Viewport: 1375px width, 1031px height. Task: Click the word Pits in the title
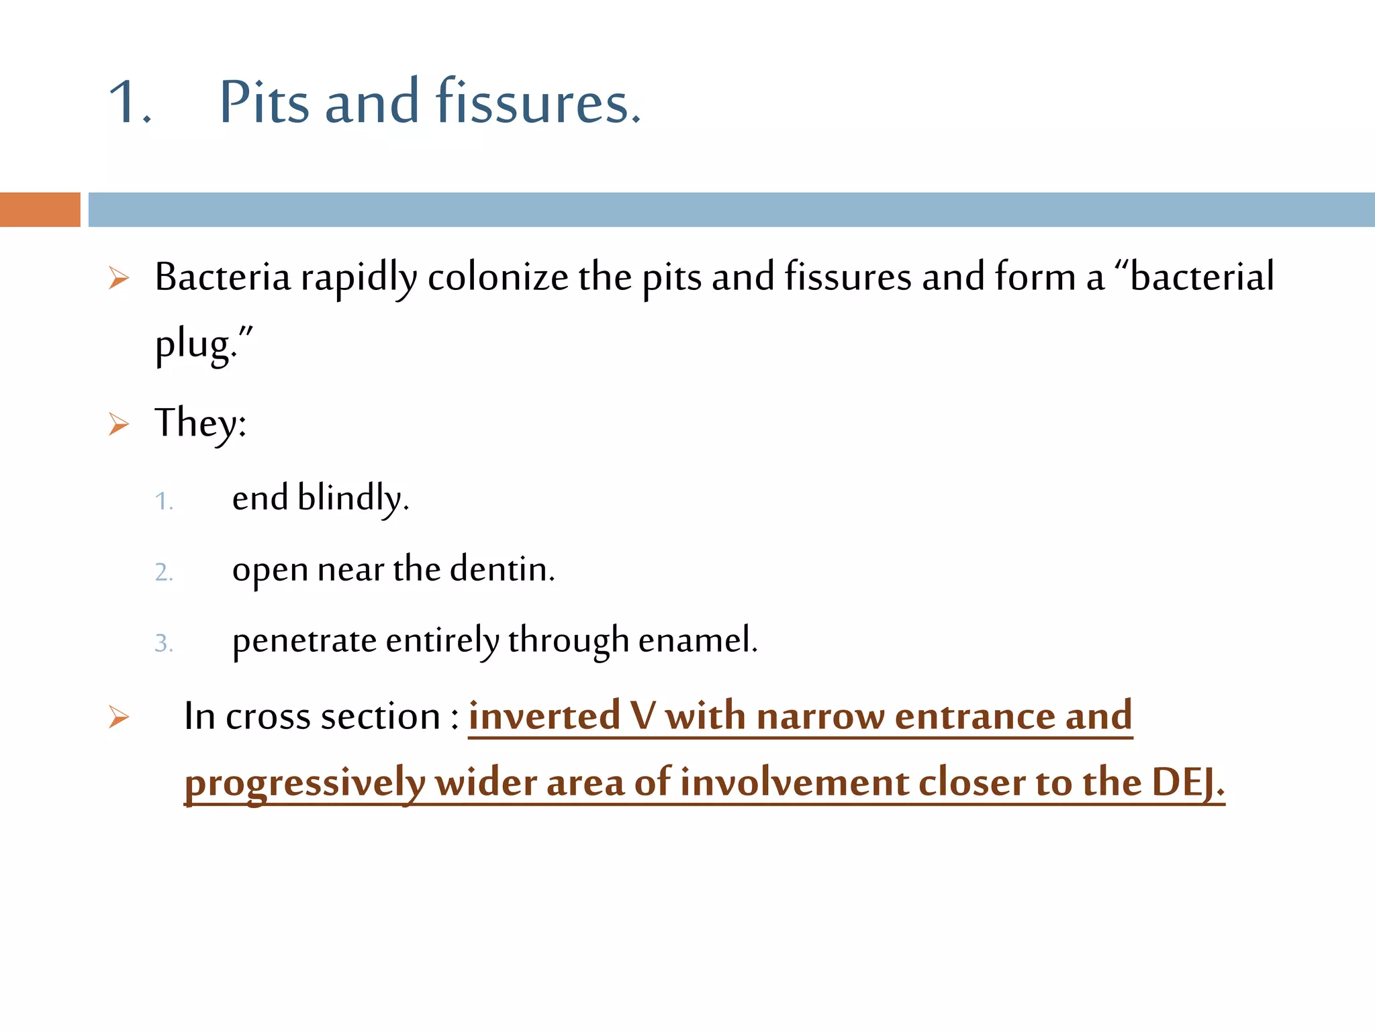click(x=265, y=102)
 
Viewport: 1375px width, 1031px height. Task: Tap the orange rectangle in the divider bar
click(x=40, y=209)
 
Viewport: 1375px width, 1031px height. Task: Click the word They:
click(x=200, y=423)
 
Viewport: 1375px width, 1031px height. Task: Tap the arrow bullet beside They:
click(x=119, y=424)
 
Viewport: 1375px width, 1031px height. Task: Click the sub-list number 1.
click(x=164, y=501)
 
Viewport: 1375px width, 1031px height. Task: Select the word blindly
click(x=352, y=498)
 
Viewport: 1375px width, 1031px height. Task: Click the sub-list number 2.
click(x=164, y=573)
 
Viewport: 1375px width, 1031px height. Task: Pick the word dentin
click(x=502, y=569)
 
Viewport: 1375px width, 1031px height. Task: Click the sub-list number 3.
click(x=164, y=644)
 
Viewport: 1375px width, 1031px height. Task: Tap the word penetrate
click(x=304, y=640)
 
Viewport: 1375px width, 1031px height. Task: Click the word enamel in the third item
click(x=697, y=640)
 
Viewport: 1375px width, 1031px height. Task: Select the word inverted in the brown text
click(x=544, y=716)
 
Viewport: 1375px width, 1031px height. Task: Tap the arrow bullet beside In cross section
click(x=119, y=717)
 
